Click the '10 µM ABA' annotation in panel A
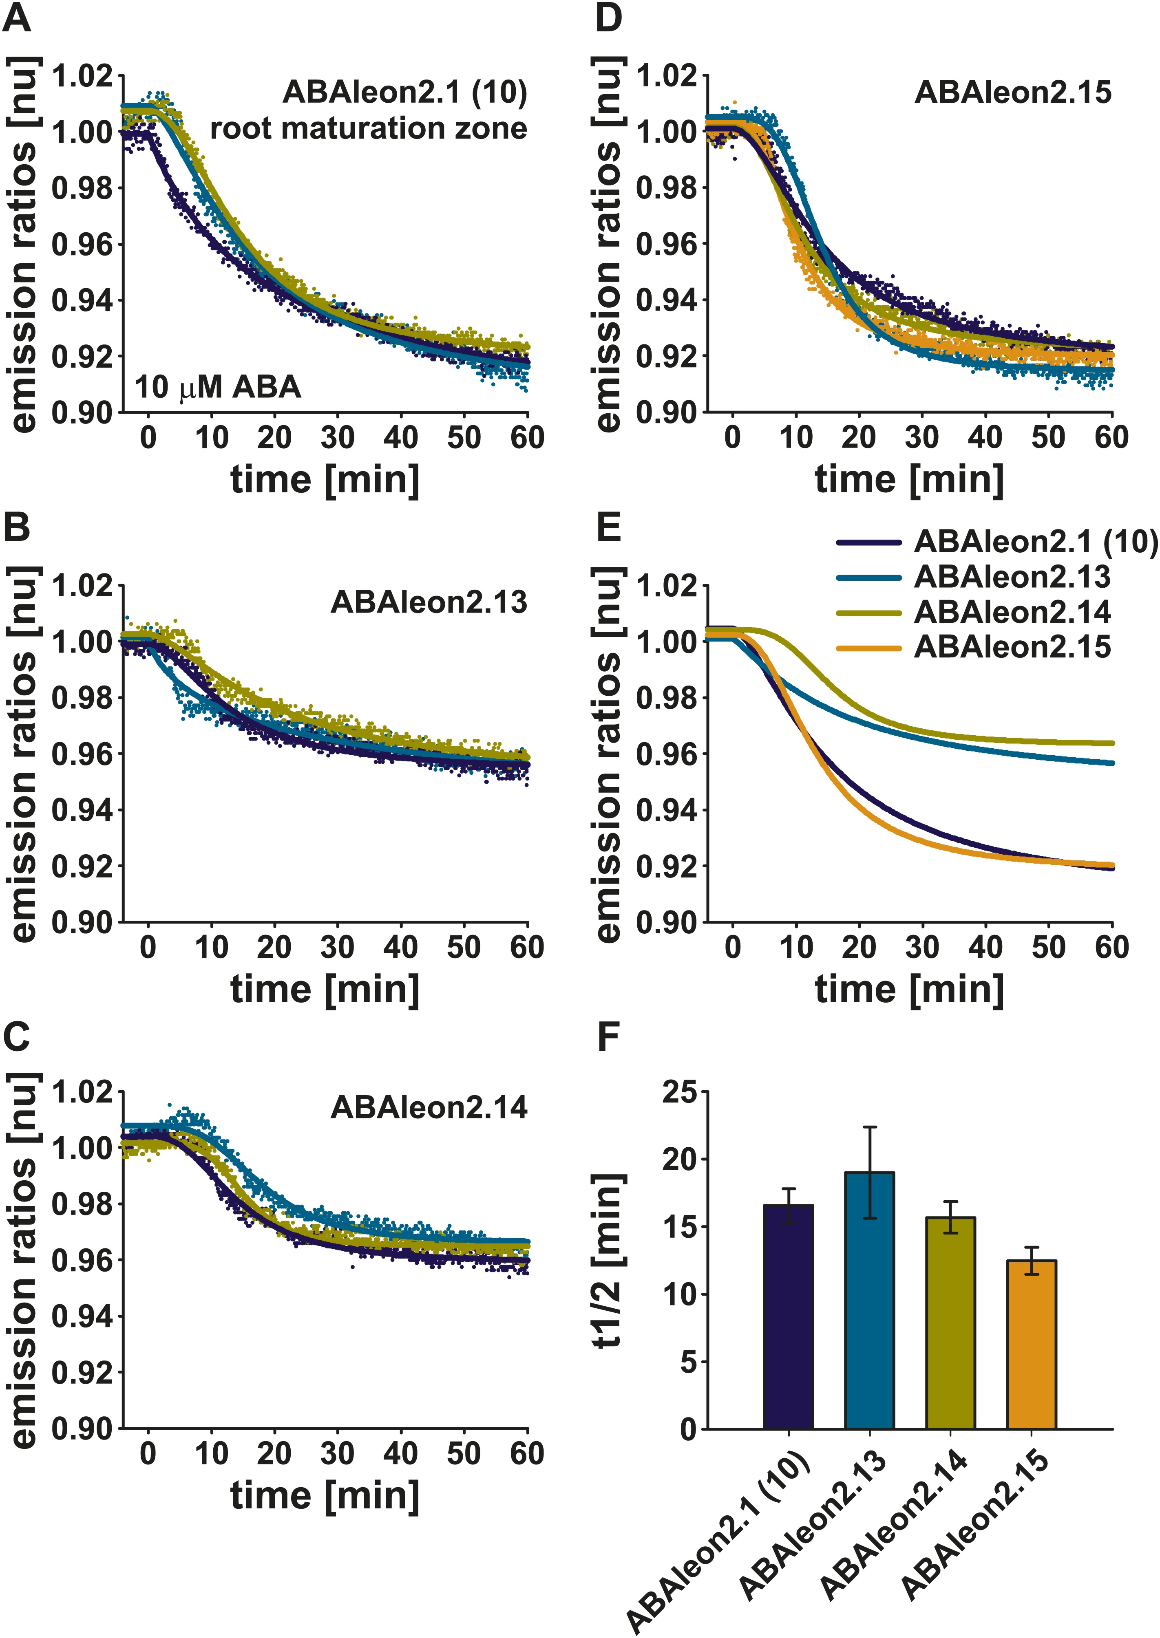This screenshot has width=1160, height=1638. coord(218,388)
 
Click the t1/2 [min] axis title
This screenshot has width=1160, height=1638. coord(609,1260)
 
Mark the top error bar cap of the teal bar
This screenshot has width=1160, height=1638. coord(869,1127)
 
